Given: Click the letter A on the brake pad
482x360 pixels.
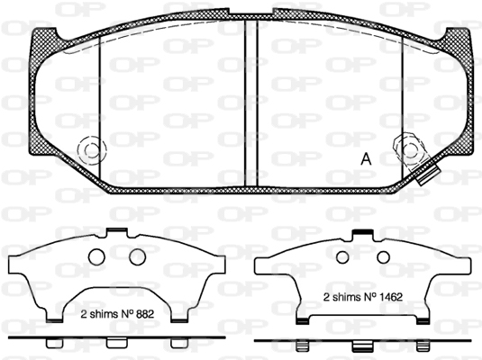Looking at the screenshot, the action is [366, 158].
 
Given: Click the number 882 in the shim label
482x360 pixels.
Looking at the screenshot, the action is [143, 314].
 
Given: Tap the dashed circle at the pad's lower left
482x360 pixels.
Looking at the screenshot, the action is [92, 150].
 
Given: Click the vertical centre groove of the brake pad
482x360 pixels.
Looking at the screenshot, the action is [251, 103].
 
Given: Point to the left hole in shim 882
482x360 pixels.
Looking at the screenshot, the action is [96, 256].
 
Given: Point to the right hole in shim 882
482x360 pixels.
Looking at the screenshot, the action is [137, 256].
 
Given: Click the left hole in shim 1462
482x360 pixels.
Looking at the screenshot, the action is [342, 257].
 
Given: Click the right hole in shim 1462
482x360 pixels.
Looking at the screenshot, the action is [383, 257].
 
